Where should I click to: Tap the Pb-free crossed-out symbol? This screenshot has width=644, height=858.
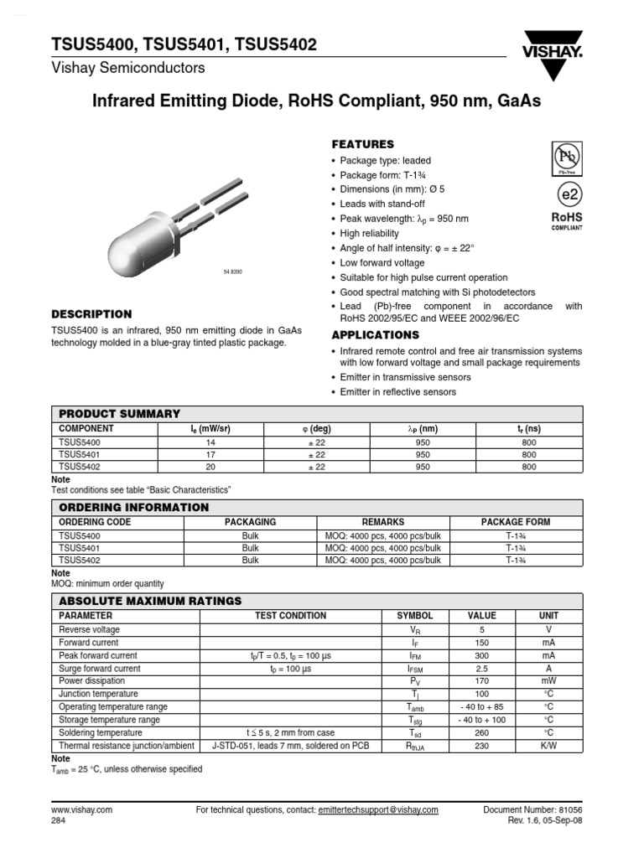565,156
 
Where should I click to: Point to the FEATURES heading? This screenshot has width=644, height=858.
363,144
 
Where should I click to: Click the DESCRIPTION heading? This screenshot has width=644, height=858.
92,314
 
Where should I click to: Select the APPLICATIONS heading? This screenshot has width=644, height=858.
375,335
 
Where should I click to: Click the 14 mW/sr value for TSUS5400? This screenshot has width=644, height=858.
210,441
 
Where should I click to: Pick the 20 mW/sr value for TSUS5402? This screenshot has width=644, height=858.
210,467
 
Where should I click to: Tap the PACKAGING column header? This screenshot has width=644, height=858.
250,522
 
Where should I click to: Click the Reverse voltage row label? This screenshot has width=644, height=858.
89,629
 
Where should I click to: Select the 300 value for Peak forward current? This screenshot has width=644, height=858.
481,655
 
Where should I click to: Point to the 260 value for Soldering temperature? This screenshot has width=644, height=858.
481,733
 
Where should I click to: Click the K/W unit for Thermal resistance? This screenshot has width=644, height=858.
548,746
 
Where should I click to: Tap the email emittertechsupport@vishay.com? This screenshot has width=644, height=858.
378,810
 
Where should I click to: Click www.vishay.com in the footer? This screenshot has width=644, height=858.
81,810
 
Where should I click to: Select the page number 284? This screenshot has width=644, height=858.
59,821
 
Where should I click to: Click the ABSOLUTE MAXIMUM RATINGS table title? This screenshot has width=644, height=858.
150,601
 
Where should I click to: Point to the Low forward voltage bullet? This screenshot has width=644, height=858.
382,263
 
